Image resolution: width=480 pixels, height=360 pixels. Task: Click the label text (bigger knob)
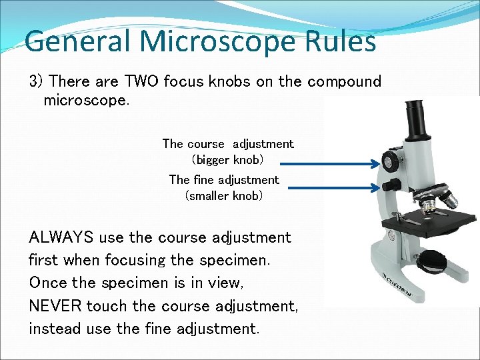pos(227,160)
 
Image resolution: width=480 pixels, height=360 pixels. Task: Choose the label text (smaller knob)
pos(224,196)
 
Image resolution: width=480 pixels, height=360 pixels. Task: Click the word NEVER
pos(55,306)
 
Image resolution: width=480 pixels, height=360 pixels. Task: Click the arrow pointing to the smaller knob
pos(333,189)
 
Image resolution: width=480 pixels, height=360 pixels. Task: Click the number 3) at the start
pos(36,82)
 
